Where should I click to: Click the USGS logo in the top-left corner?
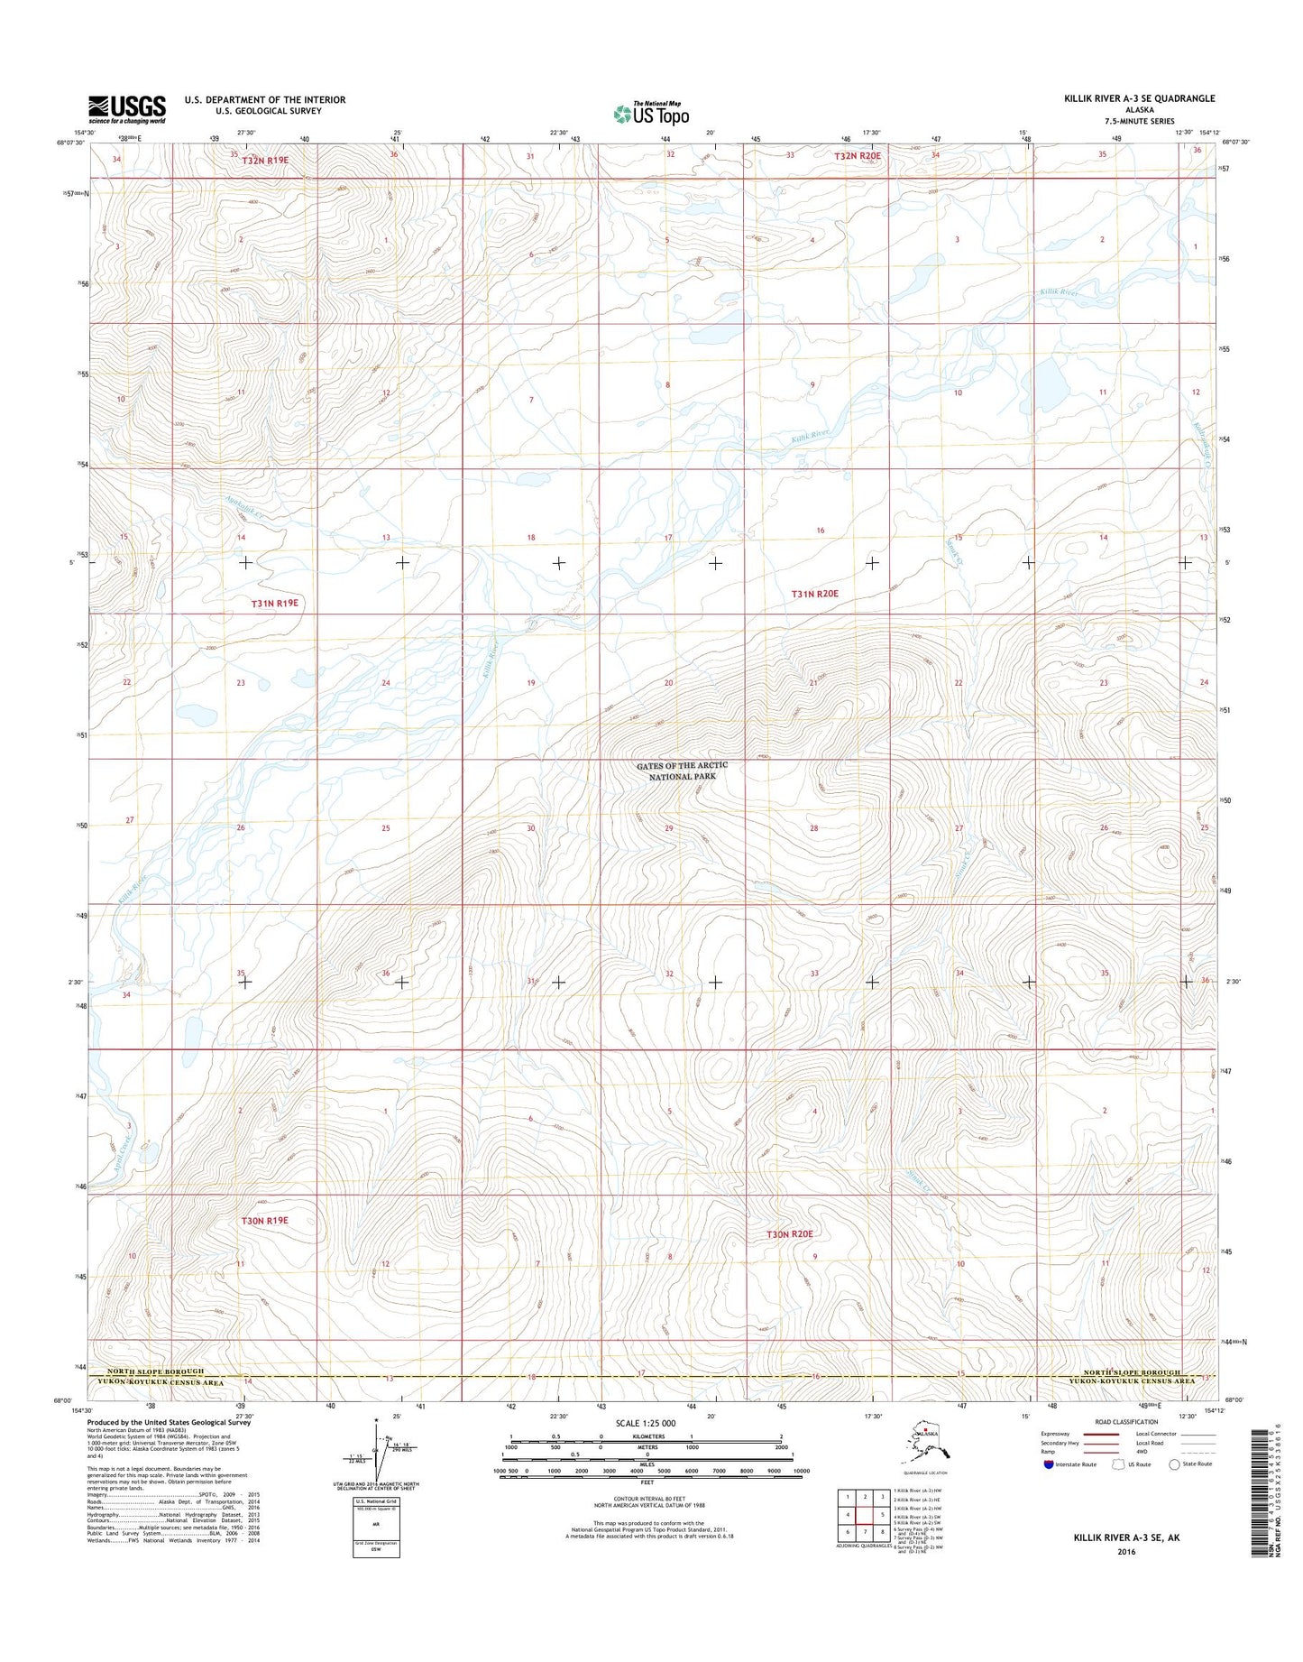click(x=127, y=109)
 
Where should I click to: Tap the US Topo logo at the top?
click(x=651, y=114)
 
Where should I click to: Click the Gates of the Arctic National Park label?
click(x=682, y=771)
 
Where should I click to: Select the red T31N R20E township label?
click(x=814, y=594)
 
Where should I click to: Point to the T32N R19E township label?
click(x=259, y=159)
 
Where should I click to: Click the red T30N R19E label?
click(x=264, y=1220)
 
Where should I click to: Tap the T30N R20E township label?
click(x=789, y=1233)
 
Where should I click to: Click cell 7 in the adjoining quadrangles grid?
click(x=865, y=1532)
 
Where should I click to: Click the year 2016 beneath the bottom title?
click(x=1124, y=1552)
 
